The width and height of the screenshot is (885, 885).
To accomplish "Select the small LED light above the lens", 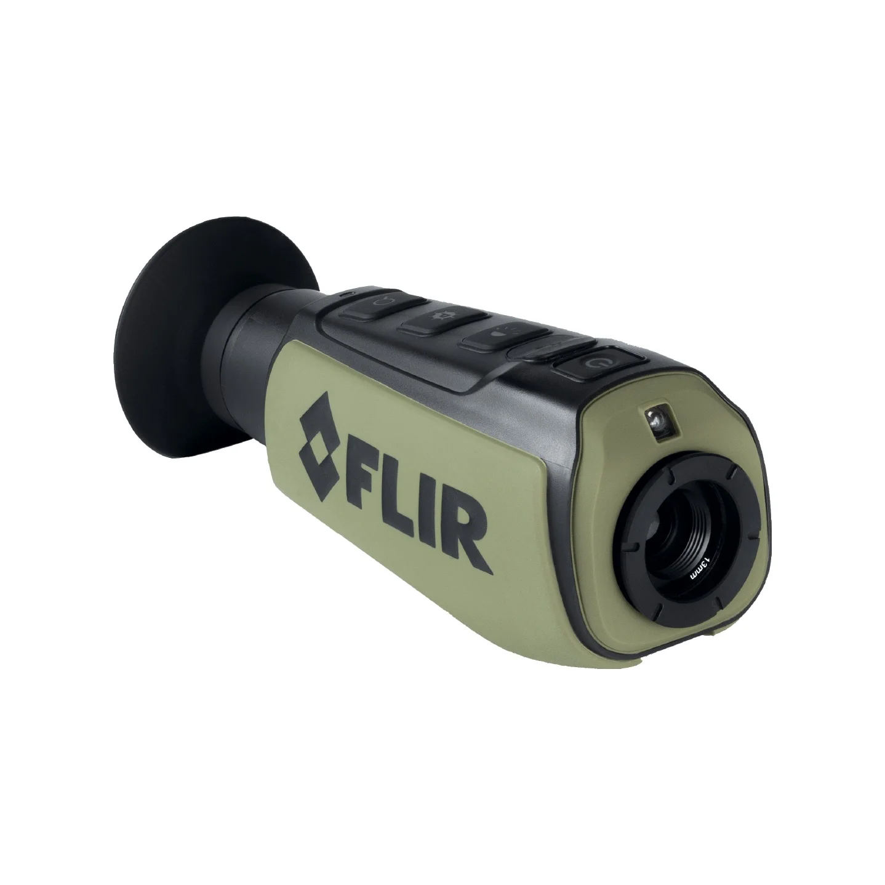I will click(660, 422).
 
